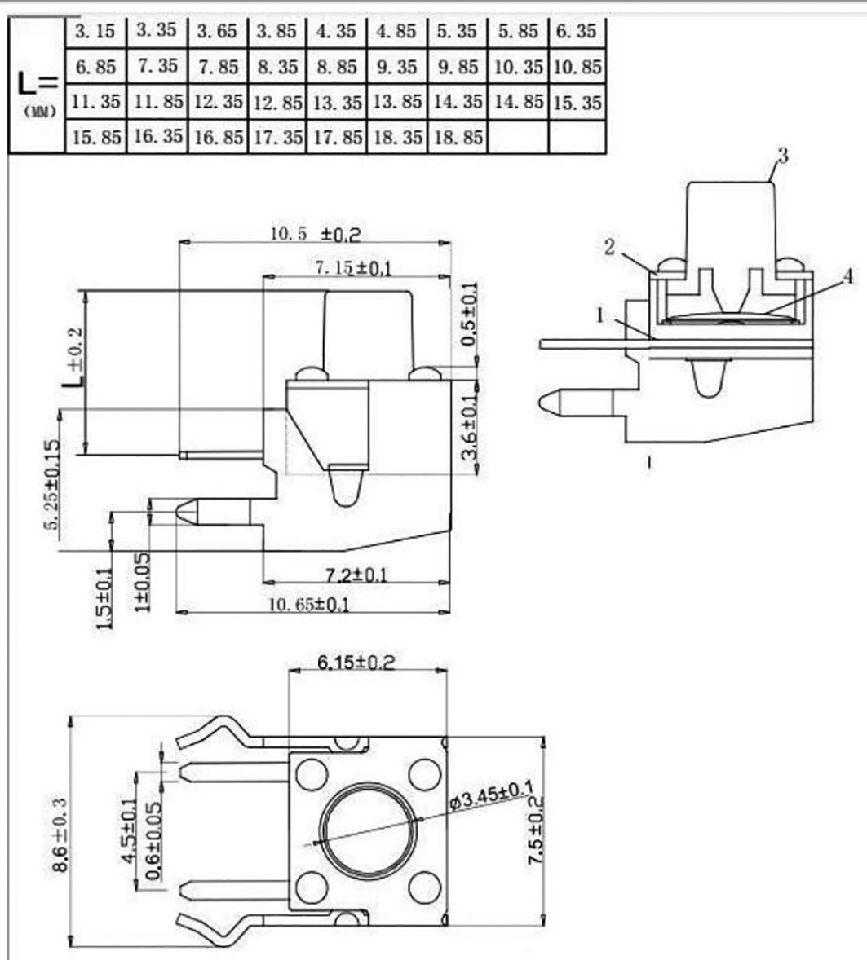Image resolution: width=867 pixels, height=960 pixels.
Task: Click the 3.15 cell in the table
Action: pos(95,33)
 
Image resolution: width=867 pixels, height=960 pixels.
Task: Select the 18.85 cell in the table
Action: pos(458,137)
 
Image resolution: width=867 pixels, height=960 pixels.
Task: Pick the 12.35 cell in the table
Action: pos(217,103)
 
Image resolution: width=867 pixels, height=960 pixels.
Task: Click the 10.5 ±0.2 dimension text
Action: pos(315,234)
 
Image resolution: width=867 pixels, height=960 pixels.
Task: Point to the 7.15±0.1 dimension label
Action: pos(352,267)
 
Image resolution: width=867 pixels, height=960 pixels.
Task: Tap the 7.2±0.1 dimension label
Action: pos(356,575)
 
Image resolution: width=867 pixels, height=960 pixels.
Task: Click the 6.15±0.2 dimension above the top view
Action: pos(356,662)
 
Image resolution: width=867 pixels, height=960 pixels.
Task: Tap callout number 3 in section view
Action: pos(782,156)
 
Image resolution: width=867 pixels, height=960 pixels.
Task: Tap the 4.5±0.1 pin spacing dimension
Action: pos(128,831)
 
